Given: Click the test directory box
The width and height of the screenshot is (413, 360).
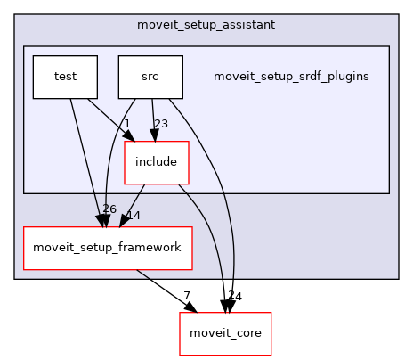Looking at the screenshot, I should (x=64, y=77).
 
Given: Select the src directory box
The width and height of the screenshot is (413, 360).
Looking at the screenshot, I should (x=150, y=77).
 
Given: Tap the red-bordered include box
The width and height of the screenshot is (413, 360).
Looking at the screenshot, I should (x=156, y=162).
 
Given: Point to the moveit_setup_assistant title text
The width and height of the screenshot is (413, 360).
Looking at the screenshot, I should (x=206, y=24).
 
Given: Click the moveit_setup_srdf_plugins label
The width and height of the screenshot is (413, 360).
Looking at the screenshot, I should (x=291, y=77).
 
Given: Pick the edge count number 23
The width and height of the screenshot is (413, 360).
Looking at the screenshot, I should (x=160, y=124).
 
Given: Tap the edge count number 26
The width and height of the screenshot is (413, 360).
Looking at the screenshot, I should (x=109, y=209).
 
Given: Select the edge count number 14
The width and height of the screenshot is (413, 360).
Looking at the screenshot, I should (x=134, y=215).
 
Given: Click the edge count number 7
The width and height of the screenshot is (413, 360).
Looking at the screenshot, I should (x=188, y=295).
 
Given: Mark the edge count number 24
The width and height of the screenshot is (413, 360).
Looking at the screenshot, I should (x=234, y=295).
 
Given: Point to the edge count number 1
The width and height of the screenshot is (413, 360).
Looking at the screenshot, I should (x=127, y=124).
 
